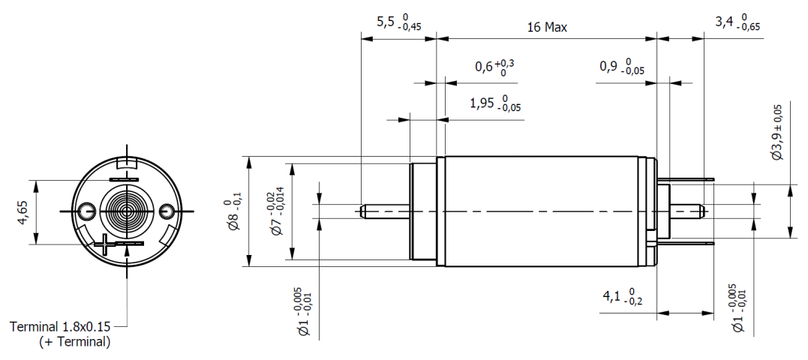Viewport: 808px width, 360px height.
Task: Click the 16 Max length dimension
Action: coord(547,28)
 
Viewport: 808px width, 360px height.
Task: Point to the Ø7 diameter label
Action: coord(275,213)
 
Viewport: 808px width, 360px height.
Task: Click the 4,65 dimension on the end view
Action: coord(22,212)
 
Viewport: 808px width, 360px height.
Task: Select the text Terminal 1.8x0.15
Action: coord(60,327)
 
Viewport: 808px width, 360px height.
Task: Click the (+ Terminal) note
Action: coord(74,342)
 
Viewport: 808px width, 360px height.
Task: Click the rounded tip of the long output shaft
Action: coord(362,211)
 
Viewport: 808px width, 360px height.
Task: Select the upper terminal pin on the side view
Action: coord(686,181)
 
